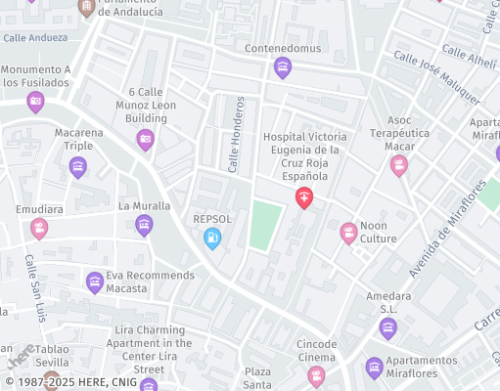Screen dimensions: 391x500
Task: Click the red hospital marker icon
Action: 304,198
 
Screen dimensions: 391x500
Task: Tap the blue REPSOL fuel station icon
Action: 211,238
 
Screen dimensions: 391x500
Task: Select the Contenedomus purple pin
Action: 283,67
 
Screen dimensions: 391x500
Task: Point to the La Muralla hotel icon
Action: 144,226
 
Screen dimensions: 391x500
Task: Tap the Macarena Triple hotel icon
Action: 77,168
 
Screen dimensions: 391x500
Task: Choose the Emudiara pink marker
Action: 39,229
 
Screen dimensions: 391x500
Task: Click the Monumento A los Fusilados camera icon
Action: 36,102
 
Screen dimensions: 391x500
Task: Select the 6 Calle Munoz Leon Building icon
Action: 145,140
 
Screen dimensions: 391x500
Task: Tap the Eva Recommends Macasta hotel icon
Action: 94,282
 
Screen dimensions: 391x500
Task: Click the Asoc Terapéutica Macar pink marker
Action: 398,165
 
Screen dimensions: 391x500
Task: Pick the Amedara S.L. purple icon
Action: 388,327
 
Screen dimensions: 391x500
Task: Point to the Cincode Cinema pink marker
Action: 316,374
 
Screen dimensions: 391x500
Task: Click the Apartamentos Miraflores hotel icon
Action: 373,369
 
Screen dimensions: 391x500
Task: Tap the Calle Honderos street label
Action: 235,135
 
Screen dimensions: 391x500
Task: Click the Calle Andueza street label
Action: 35,38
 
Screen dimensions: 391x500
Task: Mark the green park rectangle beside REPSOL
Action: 260,225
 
